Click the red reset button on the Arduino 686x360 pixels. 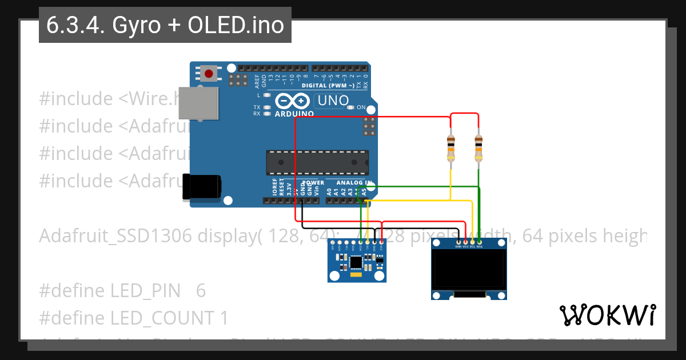pyautogui.click(x=209, y=74)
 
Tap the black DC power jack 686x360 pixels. pyautogui.click(x=201, y=187)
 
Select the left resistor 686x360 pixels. pyautogui.click(x=451, y=147)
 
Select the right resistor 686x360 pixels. pyautogui.click(x=478, y=147)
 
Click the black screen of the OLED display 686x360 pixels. pyautogui.click(x=469, y=271)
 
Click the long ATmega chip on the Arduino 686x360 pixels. pyautogui.click(x=317, y=162)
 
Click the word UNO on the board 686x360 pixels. pyautogui.click(x=332, y=101)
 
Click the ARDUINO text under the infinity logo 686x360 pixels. pyautogui.click(x=294, y=114)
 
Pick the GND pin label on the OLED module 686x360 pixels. pyautogui.click(x=458, y=247)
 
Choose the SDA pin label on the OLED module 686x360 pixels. pyautogui.click(x=480, y=247)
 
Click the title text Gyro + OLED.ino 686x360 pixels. pyautogui.click(x=165, y=26)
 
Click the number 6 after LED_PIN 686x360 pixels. pyautogui.click(x=201, y=291)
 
